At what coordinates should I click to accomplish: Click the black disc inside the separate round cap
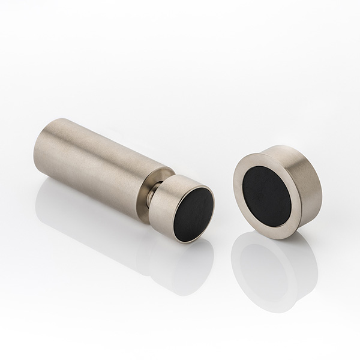[267, 196]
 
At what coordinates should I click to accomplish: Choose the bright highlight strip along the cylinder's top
[102, 135]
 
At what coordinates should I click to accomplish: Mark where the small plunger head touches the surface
[180, 241]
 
